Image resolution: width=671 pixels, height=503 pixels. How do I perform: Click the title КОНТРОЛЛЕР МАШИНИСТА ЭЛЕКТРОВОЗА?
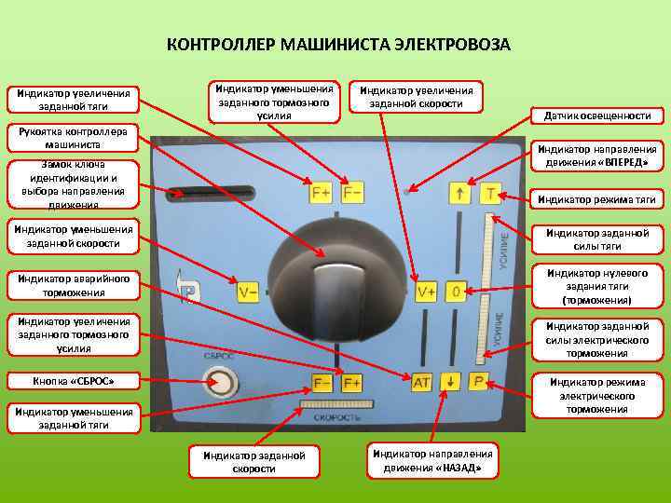[x=337, y=45]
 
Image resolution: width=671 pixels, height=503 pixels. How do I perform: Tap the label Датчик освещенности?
[x=597, y=116]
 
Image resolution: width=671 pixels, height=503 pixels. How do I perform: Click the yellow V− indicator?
[x=248, y=292]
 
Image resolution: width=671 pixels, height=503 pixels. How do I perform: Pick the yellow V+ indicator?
[x=426, y=292]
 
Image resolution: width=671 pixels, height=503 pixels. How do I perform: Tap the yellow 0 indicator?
[x=456, y=292]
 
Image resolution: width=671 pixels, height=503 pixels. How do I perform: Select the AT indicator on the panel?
[x=421, y=382]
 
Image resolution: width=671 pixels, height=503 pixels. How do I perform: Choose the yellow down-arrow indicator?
[x=450, y=382]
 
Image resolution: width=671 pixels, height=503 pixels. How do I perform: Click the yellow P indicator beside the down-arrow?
[x=479, y=382]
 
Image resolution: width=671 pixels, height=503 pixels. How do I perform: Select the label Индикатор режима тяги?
[x=596, y=198]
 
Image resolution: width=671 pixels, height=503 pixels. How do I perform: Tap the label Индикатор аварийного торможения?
[x=72, y=285]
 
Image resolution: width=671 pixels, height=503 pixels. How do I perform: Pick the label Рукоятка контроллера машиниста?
[x=72, y=138]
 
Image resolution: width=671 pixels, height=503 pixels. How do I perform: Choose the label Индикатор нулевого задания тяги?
[x=596, y=287]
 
